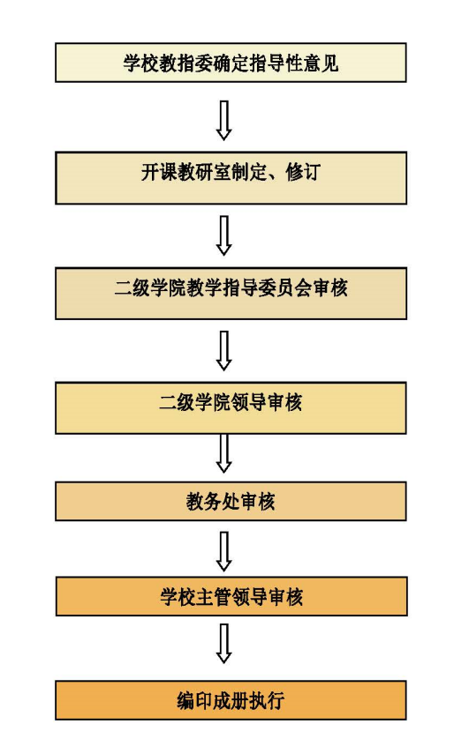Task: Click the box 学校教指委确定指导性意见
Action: (x=231, y=63)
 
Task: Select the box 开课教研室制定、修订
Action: (x=231, y=178)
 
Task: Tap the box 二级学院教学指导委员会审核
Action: (x=231, y=294)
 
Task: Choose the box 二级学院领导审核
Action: (x=231, y=407)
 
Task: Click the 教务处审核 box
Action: (x=231, y=502)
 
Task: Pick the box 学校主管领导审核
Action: (x=231, y=596)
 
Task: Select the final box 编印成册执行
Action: (x=231, y=700)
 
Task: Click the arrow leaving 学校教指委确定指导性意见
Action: (x=223, y=120)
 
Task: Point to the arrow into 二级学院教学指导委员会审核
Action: (x=223, y=235)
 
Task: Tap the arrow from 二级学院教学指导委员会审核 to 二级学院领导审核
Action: (x=223, y=351)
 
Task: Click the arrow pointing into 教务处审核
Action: (x=223, y=453)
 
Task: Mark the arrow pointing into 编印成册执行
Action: (x=223, y=644)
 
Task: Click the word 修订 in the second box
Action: (x=303, y=172)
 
